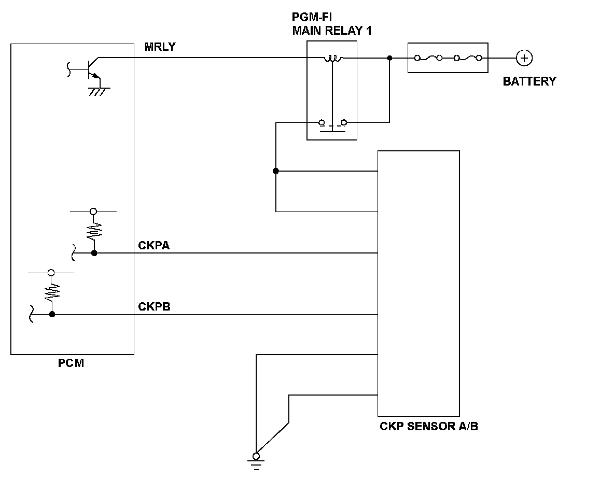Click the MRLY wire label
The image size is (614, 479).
(x=160, y=47)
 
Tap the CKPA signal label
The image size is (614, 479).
(x=154, y=245)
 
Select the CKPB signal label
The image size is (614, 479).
(x=155, y=306)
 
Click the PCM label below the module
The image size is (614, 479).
(x=71, y=363)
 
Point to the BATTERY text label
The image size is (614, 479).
(x=529, y=81)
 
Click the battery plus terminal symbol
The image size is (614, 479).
(x=524, y=58)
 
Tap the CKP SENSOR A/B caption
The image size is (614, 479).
(x=429, y=426)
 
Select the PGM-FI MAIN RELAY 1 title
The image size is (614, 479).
(x=332, y=24)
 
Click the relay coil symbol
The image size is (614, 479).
(x=333, y=59)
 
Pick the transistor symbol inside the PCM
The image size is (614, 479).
(x=90, y=69)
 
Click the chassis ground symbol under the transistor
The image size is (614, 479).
(x=99, y=92)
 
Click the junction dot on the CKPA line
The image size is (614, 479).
(x=94, y=253)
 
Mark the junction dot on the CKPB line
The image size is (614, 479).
(x=52, y=314)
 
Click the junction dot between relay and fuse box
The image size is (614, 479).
(x=389, y=58)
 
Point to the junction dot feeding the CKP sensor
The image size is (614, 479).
(x=276, y=171)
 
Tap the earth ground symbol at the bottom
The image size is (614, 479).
(x=256, y=461)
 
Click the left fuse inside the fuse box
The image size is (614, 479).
(x=428, y=58)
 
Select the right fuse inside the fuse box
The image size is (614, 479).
(x=468, y=58)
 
